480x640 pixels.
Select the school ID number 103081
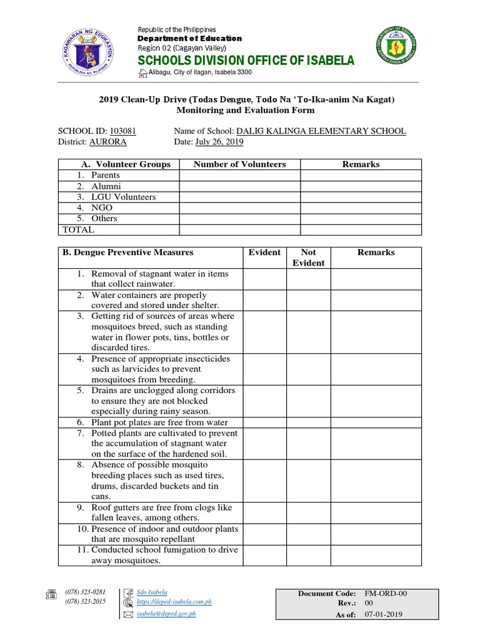point(122,131)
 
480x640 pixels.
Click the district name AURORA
point(107,142)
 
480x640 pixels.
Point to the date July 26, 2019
point(219,142)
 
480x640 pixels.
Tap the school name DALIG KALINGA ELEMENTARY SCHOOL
point(320,131)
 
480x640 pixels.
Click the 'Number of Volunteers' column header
point(239,164)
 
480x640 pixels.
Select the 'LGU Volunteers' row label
point(123,197)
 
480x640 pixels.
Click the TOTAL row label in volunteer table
point(78,229)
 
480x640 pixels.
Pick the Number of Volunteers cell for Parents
point(239,176)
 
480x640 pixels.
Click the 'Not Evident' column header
point(308,257)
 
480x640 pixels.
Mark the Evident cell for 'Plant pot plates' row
point(264,422)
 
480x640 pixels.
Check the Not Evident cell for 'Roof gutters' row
point(308,512)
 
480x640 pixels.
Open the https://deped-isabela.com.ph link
point(174,602)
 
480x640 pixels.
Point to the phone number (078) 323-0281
point(86,592)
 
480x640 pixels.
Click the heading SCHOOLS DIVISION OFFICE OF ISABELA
point(246,61)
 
